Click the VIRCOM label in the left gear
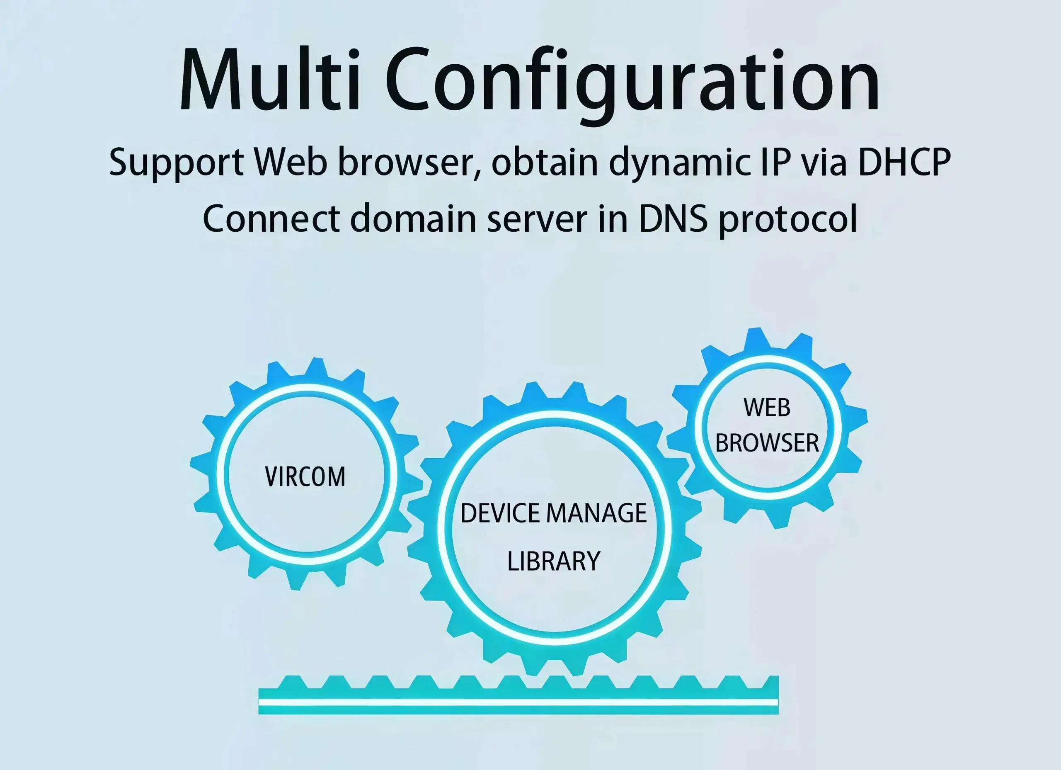pos(305,476)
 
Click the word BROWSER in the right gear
pos(767,443)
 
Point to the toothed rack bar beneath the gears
pos(518,695)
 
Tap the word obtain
pos(545,161)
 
